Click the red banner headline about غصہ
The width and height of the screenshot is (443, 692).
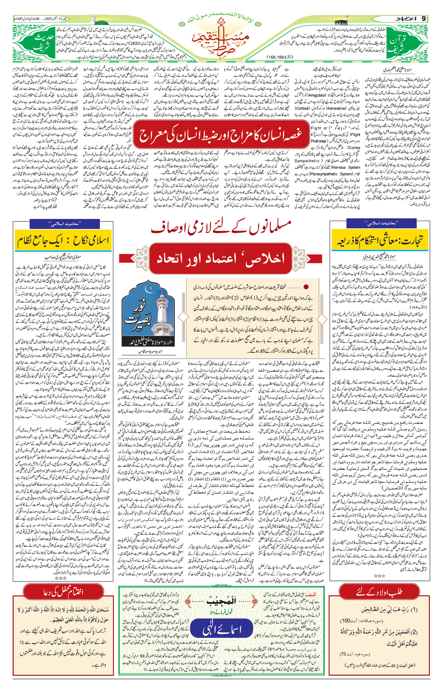[x=220, y=135]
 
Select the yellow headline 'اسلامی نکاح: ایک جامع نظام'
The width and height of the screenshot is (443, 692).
[x=63, y=241]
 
